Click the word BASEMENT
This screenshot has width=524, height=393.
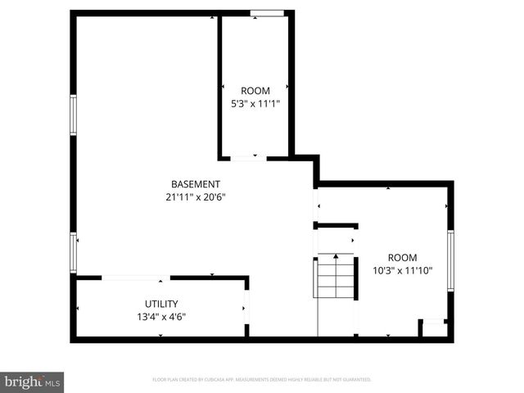[195, 183]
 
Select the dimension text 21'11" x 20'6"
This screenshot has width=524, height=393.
[195, 196]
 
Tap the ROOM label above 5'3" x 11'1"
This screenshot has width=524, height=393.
[254, 90]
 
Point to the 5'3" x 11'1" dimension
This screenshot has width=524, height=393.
[254, 103]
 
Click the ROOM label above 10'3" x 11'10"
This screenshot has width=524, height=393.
[402, 256]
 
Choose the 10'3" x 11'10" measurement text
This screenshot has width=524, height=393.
[402, 269]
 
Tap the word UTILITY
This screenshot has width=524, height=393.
[161, 304]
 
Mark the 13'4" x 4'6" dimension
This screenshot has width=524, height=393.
[161, 317]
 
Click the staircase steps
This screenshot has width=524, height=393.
[336, 278]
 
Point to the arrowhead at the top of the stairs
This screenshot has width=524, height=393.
[336, 256]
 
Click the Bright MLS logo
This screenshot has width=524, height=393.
[32, 382]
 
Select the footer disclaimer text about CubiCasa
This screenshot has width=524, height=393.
[262, 380]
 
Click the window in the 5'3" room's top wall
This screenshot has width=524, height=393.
[268, 13]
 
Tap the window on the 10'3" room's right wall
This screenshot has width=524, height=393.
[449, 260]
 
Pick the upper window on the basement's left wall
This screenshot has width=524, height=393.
[74, 115]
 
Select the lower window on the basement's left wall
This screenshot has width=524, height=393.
[74, 251]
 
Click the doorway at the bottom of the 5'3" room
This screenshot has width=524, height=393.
[248, 157]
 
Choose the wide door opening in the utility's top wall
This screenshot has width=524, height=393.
[136, 278]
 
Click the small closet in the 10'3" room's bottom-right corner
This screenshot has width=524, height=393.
[434, 328]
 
